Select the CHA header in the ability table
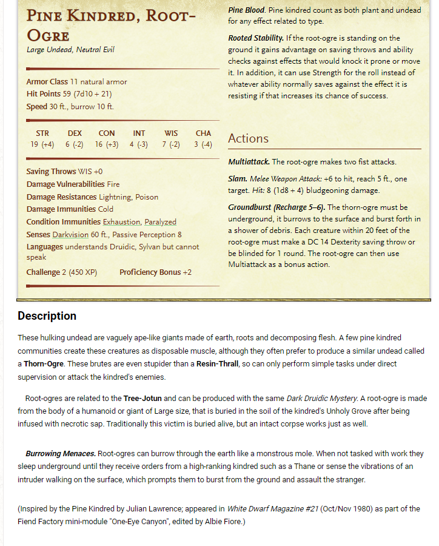click(203, 133)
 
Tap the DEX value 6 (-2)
click(75, 145)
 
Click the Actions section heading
click(248, 138)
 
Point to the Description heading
click(47, 315)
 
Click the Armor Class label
click(47, 82)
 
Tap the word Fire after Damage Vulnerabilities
click(113, 184)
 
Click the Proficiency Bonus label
click(150, 272)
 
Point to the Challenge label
click(43, 272)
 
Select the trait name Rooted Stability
click(256, 38)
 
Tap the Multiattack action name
click(249, 162)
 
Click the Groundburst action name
click(250, 207)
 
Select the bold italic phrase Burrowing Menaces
click(60, 453)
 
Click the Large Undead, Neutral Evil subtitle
click(70, 50)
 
